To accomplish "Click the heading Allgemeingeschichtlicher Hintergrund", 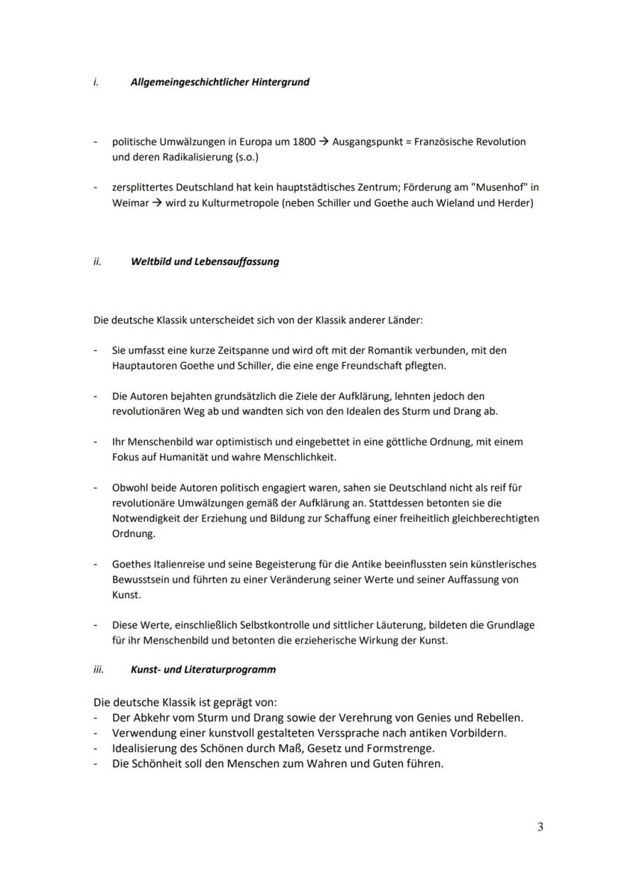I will tap(219, 82).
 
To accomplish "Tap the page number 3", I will tap(540, 827).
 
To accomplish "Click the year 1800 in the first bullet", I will tap(303, 142).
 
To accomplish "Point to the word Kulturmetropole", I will tap(230, 203).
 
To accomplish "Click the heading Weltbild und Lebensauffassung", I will tap(204, 262).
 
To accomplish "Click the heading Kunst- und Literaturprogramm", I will tap(203, 669).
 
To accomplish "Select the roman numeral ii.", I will tap(97, 262).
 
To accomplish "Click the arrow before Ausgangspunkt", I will tap(324, 142).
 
